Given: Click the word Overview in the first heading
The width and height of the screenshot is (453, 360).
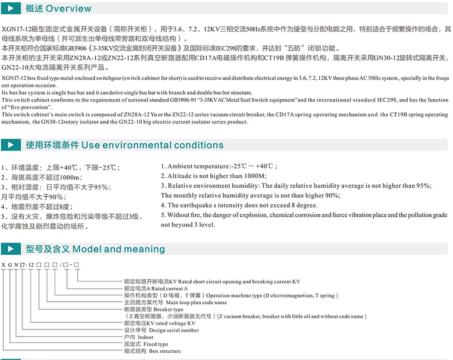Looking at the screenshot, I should [68, 9].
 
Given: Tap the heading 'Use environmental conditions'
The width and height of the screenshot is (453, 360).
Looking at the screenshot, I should [152, 145].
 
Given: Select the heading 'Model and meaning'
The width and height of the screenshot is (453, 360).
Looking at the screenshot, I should [119, 249].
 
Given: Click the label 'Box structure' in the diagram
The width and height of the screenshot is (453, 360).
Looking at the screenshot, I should [164, 351].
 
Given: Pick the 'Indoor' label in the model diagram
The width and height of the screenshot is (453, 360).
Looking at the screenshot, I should [146, 337].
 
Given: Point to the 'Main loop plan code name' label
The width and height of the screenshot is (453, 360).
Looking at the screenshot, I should [197, 302].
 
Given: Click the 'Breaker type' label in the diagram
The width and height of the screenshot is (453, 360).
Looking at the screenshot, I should [169, 309].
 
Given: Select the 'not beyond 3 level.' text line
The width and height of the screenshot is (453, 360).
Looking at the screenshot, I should [188, 224].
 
